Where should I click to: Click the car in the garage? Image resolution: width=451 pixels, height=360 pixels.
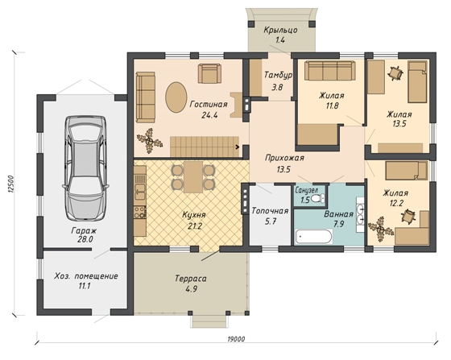[x=85, y=168]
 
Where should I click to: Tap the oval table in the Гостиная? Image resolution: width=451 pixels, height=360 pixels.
[x=176, y=97]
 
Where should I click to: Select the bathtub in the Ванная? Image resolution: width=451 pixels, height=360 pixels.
[x=313, y=237]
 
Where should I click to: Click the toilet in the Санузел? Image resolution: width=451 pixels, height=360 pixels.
[x=319, y=198]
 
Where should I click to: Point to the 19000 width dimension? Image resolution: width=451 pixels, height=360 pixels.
[x=236, y=339]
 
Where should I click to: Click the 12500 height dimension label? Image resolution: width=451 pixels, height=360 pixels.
[x=11, y=184]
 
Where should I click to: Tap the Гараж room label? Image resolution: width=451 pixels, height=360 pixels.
[x=84, y=230]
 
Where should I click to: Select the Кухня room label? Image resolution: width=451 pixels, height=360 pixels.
[x=194, y=215]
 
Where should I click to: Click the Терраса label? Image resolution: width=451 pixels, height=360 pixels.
[x=191, y=279]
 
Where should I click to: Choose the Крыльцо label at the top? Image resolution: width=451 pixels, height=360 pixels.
[x=280, y=30]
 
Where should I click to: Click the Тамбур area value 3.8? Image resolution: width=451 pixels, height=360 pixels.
[x=277, y=87]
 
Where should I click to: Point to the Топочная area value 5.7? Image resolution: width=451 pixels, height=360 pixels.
[x=271, y=221]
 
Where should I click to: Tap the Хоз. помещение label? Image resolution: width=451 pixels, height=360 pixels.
[x=86, y=276]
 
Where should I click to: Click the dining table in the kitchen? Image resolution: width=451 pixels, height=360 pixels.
[x=193, y=177]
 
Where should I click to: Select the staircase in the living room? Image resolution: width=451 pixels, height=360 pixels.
[x=205, y=147]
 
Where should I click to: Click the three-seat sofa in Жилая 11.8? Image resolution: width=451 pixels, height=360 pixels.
[x=329, y=70]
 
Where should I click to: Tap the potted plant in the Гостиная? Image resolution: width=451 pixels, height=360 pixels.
[x=149, y=141]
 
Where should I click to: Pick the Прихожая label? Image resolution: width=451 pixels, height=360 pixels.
[x=284, y=158]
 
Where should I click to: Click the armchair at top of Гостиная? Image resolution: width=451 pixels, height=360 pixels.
[x=209, y=73]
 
